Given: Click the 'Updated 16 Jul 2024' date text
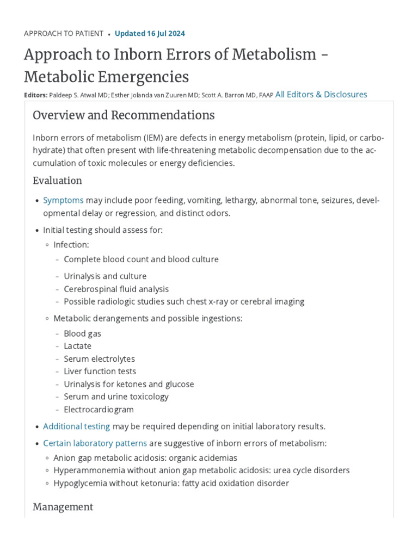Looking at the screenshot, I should pyautogui.click(x=150, y=34).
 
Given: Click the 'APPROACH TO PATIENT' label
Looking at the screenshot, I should pyautogui.click(x=64, y=34).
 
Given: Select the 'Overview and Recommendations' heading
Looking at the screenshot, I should pyautogui.click(x=124, y=115).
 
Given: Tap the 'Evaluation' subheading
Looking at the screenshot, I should pyautogui.click(x=57, y=181).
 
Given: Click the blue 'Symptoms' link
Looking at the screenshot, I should pyautogui.click(x=63, y=201).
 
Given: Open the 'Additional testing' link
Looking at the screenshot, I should pyautogui.click(x=76, y=426).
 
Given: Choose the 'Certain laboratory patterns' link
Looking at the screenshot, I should pyautogui.click(x=95, y=443).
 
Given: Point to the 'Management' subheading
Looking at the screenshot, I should pyautogui.click(x=63, y=507).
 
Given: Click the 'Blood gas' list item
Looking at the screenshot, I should pyautogui.click(x=82, y=333).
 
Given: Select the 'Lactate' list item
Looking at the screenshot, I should pyautogui.click(x=77, y=346).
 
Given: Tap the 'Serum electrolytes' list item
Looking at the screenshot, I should pyautogui.click(x=99, y=359).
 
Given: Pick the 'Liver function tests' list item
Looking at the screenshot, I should pyautogui.click(x=100, y=372).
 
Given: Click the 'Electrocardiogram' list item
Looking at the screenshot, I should pyautogui.click(x=99, y=410).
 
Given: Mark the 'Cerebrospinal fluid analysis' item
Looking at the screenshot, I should pyautogui.click(x=116, y=289).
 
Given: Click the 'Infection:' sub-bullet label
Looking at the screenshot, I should pyautogui.click(x=71, y=245).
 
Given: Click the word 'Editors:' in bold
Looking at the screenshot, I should pyautogui.click(x=36, y=95).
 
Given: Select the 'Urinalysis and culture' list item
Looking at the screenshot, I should pyautogui.click(x=105, y=276).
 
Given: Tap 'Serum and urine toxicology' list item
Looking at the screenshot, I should pyautogui.click(x=116, y=397).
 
